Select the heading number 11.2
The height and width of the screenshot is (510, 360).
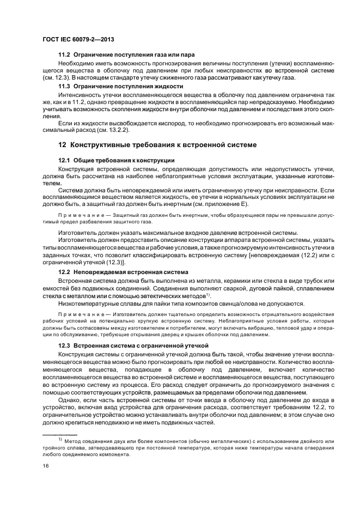[65, 56]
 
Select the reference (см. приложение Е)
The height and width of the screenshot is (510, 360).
[216, 204]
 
